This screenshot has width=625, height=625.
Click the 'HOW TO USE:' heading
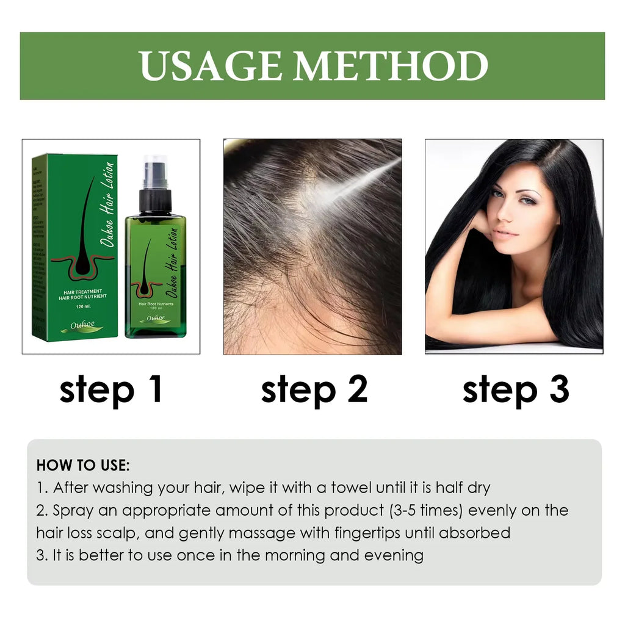[x=83, y=465]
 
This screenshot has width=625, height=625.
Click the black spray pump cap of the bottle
[x=155, y=194]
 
